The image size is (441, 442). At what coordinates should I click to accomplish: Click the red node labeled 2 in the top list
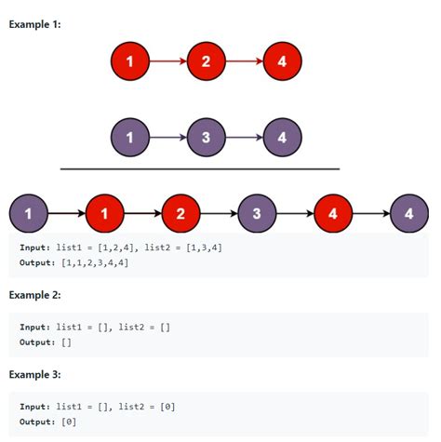(207, 61)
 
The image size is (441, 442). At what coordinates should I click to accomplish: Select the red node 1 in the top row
(130, 61)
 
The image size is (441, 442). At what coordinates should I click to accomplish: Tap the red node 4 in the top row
(283, 61)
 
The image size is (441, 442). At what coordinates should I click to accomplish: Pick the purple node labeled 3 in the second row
(207, 138)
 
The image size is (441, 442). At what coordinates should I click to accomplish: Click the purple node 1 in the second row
(130, 138)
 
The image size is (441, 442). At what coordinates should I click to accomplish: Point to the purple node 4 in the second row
(283, 138)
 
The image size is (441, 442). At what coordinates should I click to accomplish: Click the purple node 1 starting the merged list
(29, 213)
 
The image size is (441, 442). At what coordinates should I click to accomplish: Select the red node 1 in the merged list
(105, 213)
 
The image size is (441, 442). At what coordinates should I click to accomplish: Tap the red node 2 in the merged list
(181, 213)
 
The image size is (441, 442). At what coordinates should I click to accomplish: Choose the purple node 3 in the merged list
(257, 213)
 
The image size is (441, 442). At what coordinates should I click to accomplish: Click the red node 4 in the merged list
(333, 213)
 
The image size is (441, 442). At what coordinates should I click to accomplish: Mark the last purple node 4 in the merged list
(409, 213)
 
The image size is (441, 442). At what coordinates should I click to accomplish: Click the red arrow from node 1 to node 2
(168, 61)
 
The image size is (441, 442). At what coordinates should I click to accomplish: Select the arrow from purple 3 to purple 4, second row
(245, 138)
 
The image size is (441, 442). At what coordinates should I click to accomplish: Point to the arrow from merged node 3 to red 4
(295, 213)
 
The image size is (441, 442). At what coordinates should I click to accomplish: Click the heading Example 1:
(34, 24)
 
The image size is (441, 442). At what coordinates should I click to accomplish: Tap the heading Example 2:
(34, 295)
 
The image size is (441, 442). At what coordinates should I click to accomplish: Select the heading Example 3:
(34, 374)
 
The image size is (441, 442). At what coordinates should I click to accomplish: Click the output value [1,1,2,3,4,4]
(95, 262)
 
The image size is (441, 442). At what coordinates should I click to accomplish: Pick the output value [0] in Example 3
(69, 422)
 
